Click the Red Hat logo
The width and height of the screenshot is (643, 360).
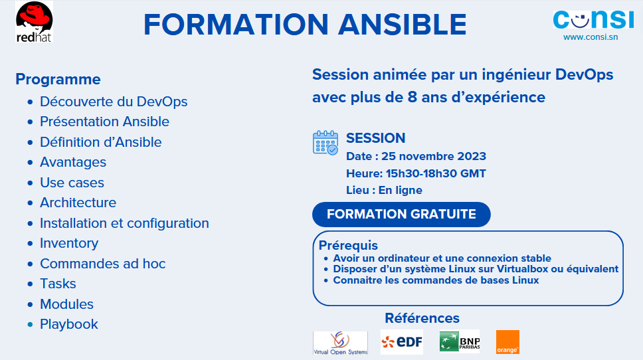click(x=35, y=22)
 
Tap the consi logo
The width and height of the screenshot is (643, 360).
click(x=593, y=20)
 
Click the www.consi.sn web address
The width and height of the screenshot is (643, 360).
click(x=591, y=37)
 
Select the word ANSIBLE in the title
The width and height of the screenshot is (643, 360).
click(x=403, y=24)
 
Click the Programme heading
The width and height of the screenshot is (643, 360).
click(x=58, y=79)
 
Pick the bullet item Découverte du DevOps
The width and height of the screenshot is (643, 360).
click(x=114, y=102)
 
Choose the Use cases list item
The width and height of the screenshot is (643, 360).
click(x=72, y=183)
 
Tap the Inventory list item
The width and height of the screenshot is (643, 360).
click(x=69, y=243)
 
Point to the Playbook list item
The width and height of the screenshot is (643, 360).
click(x=69, y=324)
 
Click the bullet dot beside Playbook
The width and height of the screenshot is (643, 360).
click(x=30, y=324)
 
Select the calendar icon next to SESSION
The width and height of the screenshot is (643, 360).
click(x=325, y=143)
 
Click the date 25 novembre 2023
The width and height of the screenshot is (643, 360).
click(x=434, y=156)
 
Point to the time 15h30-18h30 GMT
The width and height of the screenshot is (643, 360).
click(x=436, y=173)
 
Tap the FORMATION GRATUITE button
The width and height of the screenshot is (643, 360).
click(x=401, y=215)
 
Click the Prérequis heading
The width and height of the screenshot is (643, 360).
click(x=348, y=245)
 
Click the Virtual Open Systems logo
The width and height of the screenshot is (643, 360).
click(x=340, y=343)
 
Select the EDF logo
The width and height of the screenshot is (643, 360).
click(x=402, y=342)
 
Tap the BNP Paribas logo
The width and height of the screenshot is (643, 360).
click(x=459, y=341)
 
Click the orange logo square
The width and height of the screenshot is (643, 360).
click(x=507, y=342)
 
